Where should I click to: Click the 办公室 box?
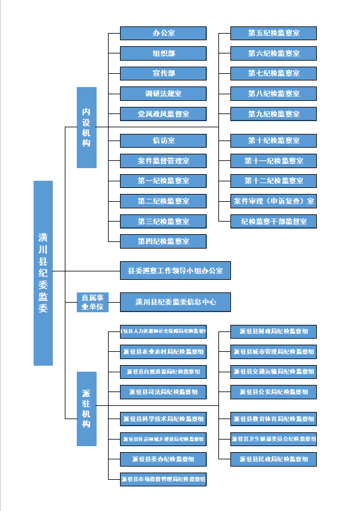tap(163, 33)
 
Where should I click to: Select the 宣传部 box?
tap(163, 73)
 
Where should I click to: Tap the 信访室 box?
tap(163, 141)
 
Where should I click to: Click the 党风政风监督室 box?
tap(163, 113)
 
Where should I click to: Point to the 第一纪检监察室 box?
tap(163, 181)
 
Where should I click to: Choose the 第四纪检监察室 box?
tap(163, 241)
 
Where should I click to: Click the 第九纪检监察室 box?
tap(274, 113)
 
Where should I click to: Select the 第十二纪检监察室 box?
tap(274, 181)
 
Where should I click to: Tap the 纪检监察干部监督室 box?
tap(274, 221)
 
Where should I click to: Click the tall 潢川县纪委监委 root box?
tap(43, 273)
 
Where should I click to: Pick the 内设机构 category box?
tap(86, 127)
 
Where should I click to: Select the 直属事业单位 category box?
tap(92, 302)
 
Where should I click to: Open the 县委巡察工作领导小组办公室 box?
tap(175, 271)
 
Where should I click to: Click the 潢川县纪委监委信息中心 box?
tap(175, 302)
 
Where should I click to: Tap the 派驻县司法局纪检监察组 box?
tap(163, 392)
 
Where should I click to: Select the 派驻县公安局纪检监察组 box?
tap(274, 392)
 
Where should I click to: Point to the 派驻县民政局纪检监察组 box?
tap(274, 459)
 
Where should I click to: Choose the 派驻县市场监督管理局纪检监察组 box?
tap(163, 479)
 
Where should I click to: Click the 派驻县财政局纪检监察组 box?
tap(274, 331)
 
